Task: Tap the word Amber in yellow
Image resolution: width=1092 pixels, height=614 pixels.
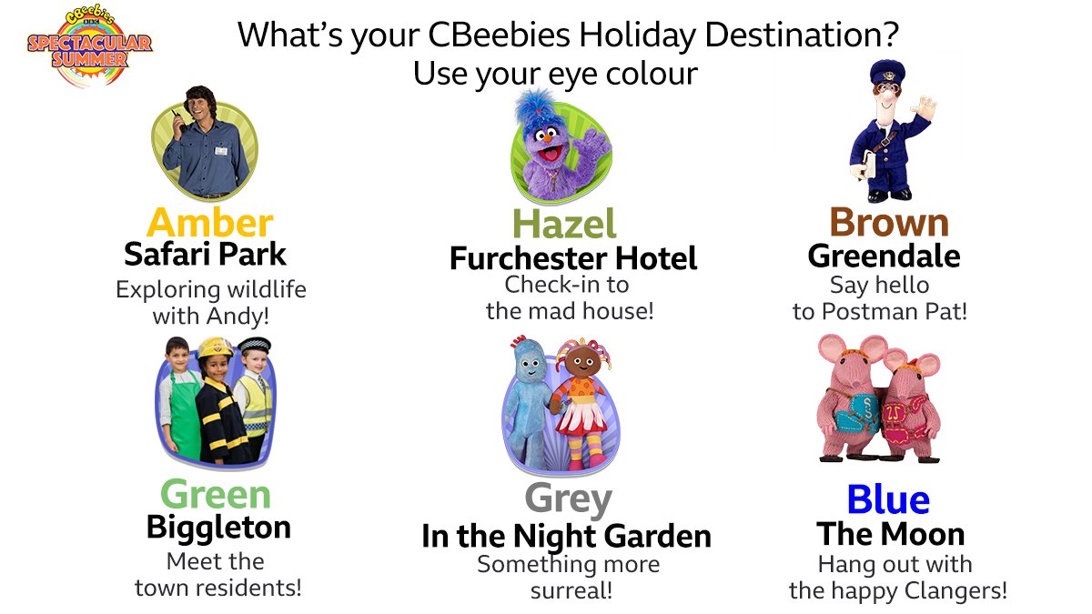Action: coord(209,222)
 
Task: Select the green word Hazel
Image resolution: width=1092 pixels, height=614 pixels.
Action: coord(564,224)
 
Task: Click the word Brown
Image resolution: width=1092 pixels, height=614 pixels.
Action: coord(888,222)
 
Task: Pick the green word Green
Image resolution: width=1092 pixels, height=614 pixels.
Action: coord(216,495)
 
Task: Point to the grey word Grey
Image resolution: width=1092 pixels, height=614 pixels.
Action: coord(568,498)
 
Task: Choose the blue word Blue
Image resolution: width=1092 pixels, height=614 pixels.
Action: coord(888,499)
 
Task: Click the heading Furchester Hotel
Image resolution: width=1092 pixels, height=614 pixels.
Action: coord(573,258)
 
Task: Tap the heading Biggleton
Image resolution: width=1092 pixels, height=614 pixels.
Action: coord(218,527)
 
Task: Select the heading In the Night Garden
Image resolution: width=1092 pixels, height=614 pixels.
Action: coord(566,536)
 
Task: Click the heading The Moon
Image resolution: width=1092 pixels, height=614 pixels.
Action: coord(890,533)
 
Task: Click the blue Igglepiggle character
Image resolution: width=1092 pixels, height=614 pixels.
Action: coord(531,400)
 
